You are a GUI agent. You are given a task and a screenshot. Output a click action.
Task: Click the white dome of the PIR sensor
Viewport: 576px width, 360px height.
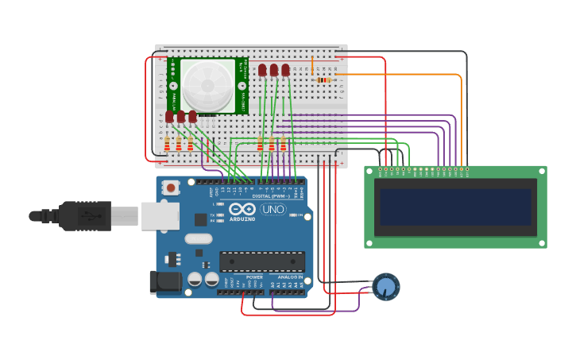[x=208, y=84]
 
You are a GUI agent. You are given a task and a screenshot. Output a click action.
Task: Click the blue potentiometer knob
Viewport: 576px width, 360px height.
[x=386, y=287]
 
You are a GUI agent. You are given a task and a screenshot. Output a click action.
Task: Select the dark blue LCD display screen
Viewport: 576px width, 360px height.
[x=455, y=207]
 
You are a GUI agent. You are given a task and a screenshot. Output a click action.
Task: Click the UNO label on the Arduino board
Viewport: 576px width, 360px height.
[x=273, y=210]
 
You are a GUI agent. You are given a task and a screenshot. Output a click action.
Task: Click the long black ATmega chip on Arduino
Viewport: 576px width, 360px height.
[x=261, y=261]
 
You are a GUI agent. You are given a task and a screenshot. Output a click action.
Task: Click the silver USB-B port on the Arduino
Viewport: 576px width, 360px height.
[x=160, y=215]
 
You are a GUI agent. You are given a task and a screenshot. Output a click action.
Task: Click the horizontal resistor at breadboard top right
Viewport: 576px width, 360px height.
[x=324, y=79]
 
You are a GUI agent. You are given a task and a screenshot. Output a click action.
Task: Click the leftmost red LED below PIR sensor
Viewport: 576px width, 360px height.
[x=169, y=117]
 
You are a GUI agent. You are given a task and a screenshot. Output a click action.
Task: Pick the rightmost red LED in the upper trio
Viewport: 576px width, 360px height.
[x=285, y=70]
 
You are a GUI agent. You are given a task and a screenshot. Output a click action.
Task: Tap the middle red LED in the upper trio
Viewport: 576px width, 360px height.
[x=274, y=70]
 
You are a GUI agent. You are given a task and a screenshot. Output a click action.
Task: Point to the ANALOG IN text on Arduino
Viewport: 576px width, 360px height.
[x=290, y=277]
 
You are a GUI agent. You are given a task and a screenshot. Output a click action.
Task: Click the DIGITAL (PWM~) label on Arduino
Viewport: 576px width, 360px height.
[x=269, y=195]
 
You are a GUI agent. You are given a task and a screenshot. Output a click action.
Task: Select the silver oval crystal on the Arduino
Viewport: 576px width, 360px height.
[x=199, y=238]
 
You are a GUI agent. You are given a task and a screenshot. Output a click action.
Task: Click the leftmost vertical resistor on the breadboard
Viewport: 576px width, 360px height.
[x=167, y=145]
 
